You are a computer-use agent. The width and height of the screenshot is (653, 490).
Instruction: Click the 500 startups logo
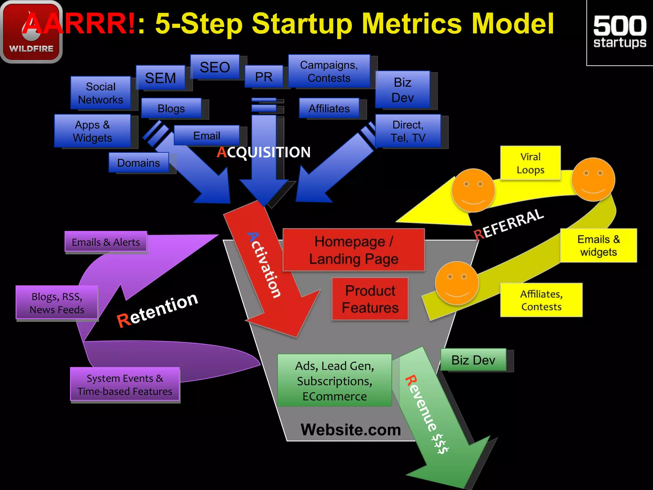pyautogui.click(x=620, y=32)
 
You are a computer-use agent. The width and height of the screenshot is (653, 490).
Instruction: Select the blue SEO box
pyautogui.click(x=215, y=67)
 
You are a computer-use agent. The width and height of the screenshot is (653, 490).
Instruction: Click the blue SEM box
pyautogui.click(x=160, y=78)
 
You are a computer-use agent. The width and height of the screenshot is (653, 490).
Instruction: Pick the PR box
pyautogui.click(x=264, y=77)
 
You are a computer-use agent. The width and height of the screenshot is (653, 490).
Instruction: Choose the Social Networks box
pyautogui.click(x=100, y=93)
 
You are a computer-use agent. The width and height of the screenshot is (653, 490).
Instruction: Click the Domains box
pyautogui.click(x=138, y=163)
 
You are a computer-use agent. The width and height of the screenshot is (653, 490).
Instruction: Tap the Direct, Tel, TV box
pyautogui.click(x=408, y=131)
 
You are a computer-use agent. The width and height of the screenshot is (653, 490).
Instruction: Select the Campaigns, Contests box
pyautogui.click(x=329, y=71)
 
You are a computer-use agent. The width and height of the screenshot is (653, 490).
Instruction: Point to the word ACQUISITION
pyautogui.click(x=264, y=152)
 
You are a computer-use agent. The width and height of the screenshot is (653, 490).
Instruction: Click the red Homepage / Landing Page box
pyautogui.click(x=353, y=250)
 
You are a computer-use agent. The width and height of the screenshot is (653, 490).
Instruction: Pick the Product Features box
pyautogui.click(x=370, y=299)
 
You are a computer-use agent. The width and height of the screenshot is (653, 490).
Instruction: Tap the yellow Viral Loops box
pyautogui.click(x=530, y=163)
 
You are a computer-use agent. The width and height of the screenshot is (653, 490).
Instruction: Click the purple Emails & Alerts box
pyautogui.click(x=106, y=242)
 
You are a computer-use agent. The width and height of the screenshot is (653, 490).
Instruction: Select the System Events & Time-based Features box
pyautogui.click(x=125, y=384)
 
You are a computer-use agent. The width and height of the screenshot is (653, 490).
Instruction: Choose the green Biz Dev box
pyautogui.click(x=473, y=360)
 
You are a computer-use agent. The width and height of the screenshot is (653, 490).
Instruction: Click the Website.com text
pyautogui.click(x=350, y=430)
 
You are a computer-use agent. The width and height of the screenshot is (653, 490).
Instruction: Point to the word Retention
pyautogui.click(x=158, y=310)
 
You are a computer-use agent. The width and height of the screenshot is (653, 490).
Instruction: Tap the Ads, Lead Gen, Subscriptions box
pyautogui.click(x=334, y=380)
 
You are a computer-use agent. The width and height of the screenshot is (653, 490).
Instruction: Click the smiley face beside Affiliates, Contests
pyautogui.click(x=457, y=283)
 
